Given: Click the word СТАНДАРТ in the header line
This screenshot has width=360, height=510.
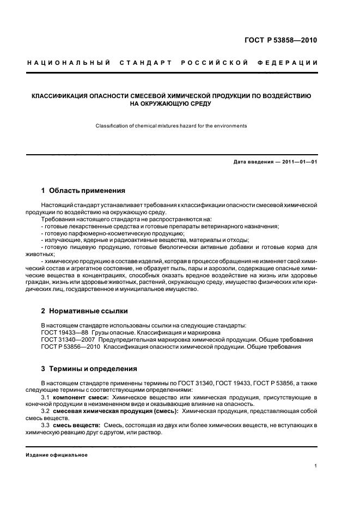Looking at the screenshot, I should click(147, 63).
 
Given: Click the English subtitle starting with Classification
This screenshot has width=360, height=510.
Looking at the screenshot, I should click(171, 126).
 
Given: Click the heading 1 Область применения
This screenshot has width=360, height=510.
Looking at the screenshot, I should click(83, 191).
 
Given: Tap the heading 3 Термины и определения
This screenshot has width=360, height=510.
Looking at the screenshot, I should click(89, 368).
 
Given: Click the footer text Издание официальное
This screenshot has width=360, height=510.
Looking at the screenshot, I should click(57, 454).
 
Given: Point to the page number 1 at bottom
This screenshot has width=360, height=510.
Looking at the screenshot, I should click(316, 466).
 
